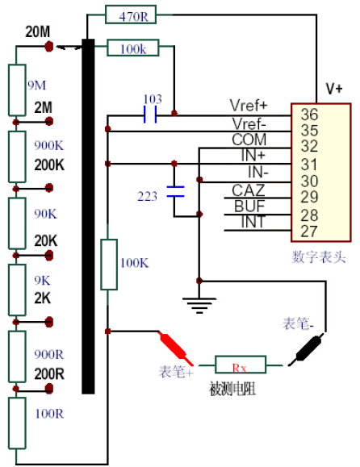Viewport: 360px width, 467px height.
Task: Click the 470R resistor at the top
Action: click(x=131, y=15)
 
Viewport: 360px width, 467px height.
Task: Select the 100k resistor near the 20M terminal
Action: click(x=133, y=48)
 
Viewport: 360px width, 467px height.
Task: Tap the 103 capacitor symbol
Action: click(x=150, y=115)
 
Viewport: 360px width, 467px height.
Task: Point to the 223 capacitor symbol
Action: click(x=175, y=191)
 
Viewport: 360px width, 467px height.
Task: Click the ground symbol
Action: click(x=199, y=305)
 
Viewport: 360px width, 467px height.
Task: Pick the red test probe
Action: click(x=175, y=348)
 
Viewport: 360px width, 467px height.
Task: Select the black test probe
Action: click(x=306, y=349)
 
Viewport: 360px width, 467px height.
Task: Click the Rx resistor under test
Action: click(x=241, y=365)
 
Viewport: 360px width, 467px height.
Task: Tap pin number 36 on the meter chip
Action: click(x=309, y=115)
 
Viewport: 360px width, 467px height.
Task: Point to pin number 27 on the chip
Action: click(x=309, y=231)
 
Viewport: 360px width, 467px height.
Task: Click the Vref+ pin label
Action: click(x=249, y=105)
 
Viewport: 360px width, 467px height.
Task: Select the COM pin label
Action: click(x=249, y=140)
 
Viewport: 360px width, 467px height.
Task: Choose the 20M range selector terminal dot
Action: click(x=49, y=47)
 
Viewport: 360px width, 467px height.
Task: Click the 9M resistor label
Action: click(x=37, y=85)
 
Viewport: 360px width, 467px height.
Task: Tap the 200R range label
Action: click(x=49, y=373)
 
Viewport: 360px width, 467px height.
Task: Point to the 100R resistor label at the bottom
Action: click(x=49, y=414)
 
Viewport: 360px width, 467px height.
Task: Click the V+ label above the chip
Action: click(x=334, y=89)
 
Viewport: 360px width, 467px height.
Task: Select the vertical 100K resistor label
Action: click(x=134, y=263)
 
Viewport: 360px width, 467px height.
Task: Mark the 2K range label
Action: click(x=43, y=298)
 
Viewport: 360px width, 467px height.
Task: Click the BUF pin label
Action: click(x=249, y=206)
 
